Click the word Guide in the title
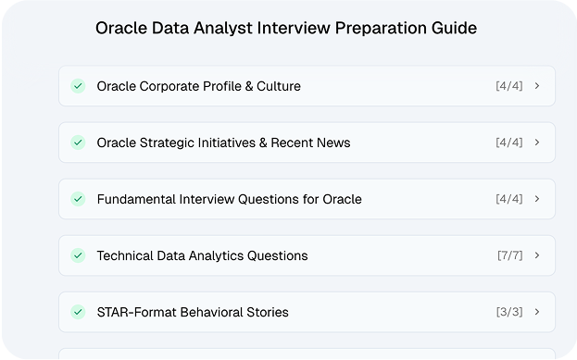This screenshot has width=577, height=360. pos(454,29)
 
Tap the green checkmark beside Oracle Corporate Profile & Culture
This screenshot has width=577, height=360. pos(79,86)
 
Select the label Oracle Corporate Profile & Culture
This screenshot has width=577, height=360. pos(198,86)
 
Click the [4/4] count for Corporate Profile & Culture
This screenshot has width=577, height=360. pos(509,86)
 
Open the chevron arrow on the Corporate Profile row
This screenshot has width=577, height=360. pos(538,86)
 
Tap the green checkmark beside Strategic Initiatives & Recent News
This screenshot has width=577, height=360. pos(79,143)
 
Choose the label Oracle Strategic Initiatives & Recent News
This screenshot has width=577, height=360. pos(223,143)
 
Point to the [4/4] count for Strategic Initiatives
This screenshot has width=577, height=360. pos(509,143)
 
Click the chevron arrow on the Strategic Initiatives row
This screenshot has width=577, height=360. pos(538,143)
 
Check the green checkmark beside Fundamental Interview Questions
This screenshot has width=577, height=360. pos(79,199)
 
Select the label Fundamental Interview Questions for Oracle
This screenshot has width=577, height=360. pos(229,199)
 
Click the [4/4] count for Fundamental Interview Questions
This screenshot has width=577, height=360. pos(509,199)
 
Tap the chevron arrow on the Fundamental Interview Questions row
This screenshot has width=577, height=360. pos(538,199)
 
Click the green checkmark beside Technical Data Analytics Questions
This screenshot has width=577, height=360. pos(79,255)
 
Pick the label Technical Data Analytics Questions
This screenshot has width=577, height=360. pos(202,255)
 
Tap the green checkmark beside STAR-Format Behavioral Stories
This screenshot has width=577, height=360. pos(79,312)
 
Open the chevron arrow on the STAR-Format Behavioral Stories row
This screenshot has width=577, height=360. pos(538,312)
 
